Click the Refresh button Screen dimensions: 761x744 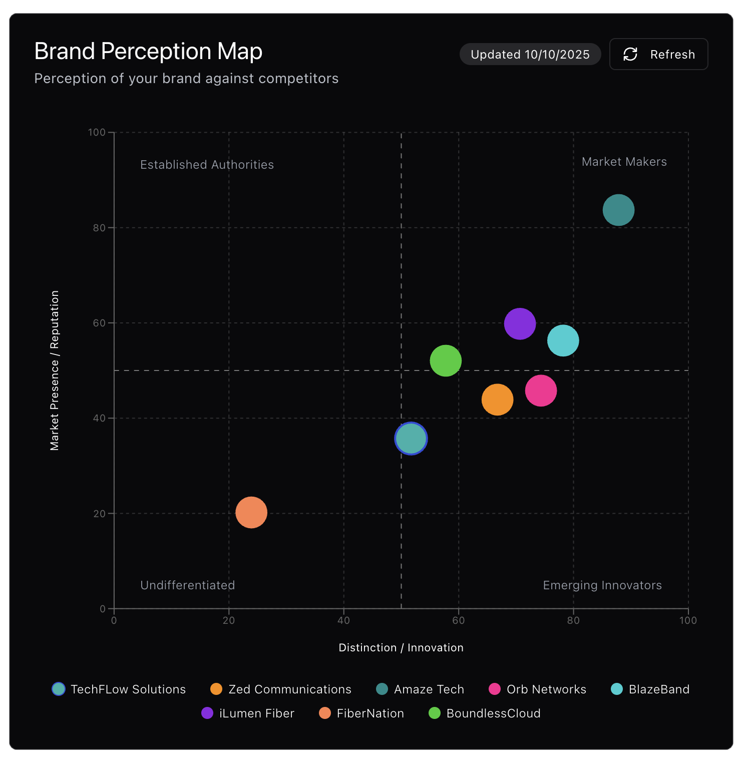[658, 54]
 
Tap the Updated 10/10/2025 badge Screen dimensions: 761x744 [530, 54]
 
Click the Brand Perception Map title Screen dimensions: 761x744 [148, 51]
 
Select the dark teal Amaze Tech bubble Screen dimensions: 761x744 [618, 210]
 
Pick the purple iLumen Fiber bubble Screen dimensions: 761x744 [520, 324]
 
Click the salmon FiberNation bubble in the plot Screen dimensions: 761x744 [251, 512]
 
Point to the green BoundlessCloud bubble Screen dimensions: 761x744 [445, 360]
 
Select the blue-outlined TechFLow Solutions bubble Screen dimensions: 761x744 [411, 439]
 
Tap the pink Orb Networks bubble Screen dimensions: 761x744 [541, 391]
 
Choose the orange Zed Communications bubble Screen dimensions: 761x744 [497, 400]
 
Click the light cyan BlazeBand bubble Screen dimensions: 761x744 [563, 340]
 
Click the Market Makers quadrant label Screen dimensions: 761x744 [624, 162]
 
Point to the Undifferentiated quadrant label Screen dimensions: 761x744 [187, 585]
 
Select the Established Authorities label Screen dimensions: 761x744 [207, 165]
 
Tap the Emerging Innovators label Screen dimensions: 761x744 [602, 585]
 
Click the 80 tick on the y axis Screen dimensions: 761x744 [99, 228]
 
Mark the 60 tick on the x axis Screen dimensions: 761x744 [458, 620]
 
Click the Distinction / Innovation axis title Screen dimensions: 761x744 [401, 647]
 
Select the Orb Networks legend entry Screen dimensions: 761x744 [538, 689]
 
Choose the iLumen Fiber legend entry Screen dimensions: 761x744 [248, 713]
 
